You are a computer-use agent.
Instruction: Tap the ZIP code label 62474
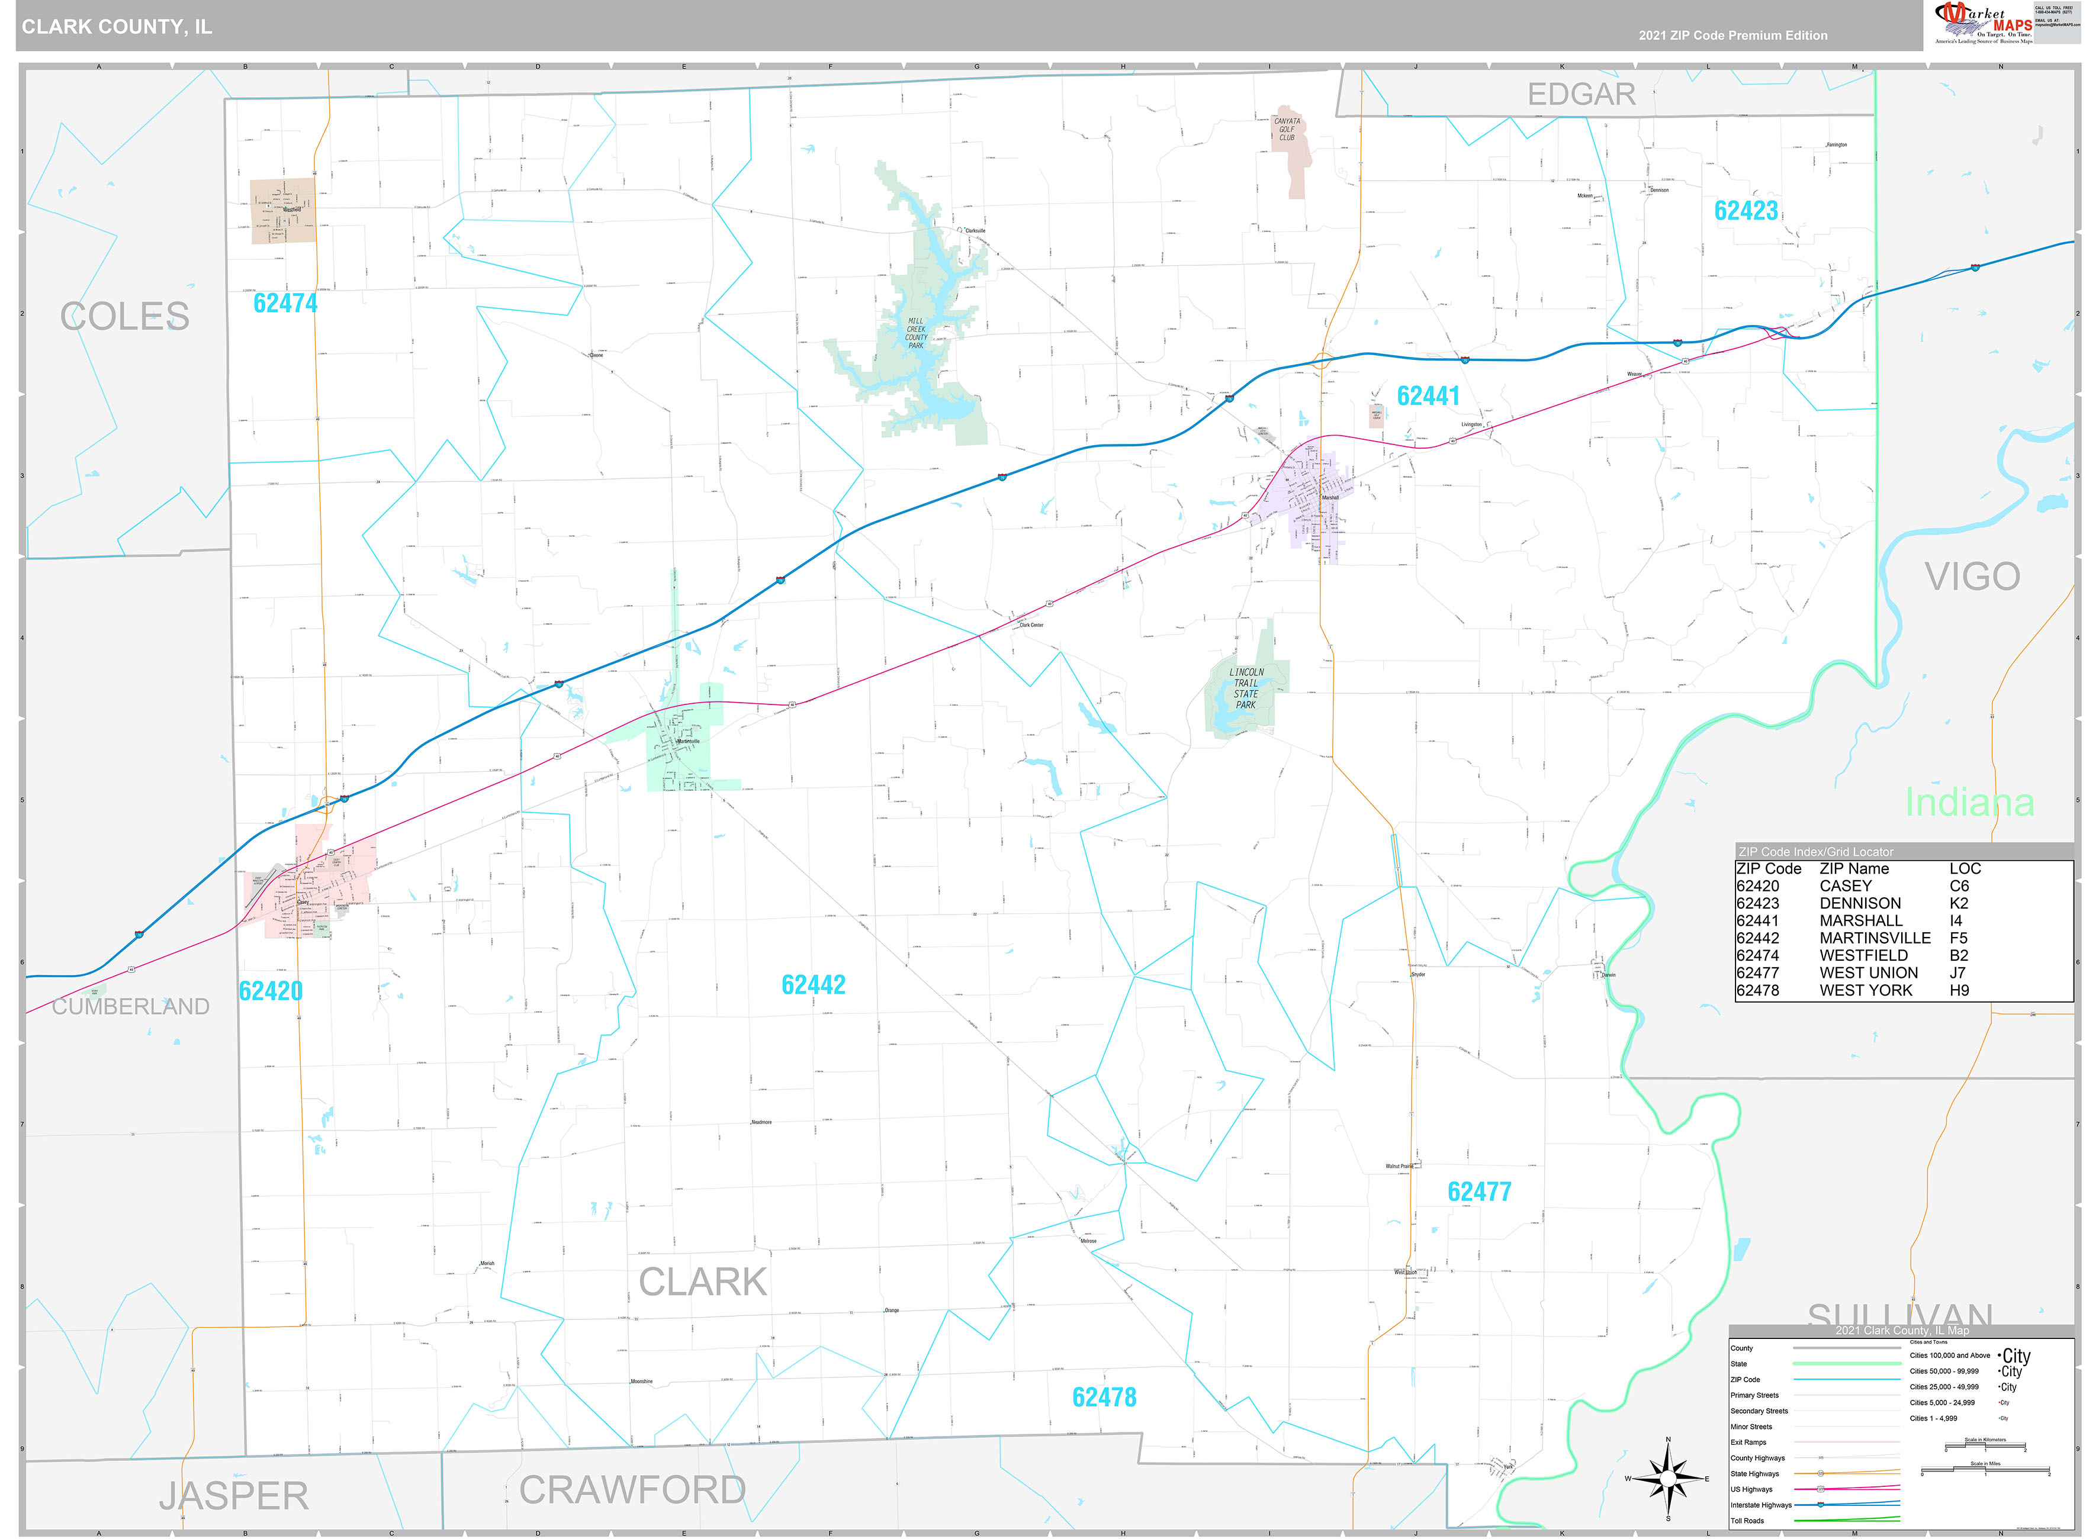pos(285,304)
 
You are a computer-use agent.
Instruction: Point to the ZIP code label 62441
pos(1428,396)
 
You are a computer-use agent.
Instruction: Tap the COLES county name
pos(125,317)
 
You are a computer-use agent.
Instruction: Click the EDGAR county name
pos(1580,94)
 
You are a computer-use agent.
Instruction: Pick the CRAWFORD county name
pos(632,1490)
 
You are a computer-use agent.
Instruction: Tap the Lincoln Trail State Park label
pos(1246,688)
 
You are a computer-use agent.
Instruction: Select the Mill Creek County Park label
pos(916,333)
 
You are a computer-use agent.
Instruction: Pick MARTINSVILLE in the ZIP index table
pos(1875,938)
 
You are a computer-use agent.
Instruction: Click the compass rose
pos(1667,1479)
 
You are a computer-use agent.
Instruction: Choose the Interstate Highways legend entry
pos(1761,1505)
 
